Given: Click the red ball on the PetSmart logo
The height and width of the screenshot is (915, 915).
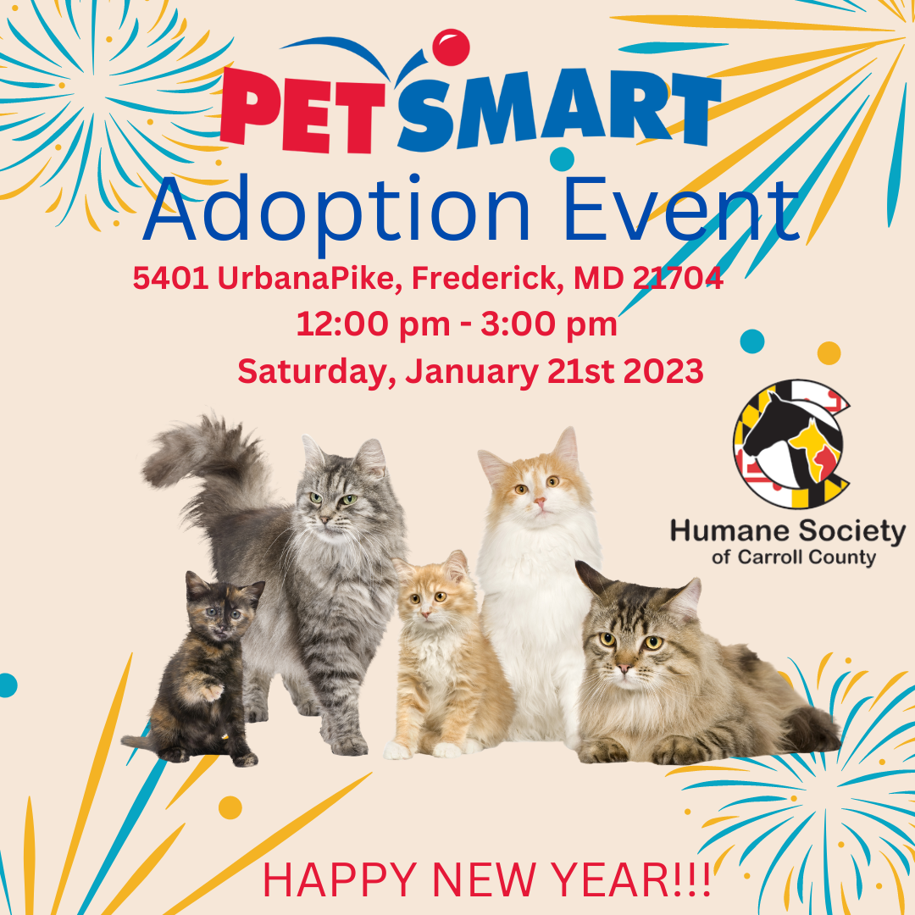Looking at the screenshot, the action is pos(451,47).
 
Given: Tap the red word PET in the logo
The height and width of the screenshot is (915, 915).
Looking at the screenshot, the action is pos(302,109).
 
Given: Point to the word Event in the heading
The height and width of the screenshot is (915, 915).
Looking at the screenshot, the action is pos(681,210).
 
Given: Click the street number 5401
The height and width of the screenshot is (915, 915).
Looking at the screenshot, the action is pos(170,279).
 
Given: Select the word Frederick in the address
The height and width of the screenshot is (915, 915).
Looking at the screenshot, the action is pos(487,279).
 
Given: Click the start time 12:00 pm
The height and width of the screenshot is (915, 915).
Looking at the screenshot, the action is pos(374,324).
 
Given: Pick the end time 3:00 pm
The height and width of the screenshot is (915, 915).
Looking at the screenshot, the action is pos(548,324).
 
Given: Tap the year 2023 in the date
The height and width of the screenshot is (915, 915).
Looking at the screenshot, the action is pos(663,371).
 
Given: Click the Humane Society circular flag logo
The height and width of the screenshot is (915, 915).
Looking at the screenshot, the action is pos(791,443).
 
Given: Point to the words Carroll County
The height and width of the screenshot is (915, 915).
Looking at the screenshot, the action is pos(807,557).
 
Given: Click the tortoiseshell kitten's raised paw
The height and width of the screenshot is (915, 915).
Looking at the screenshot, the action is pos(211,692).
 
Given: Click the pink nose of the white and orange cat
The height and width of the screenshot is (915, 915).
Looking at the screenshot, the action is pos(540,501).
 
